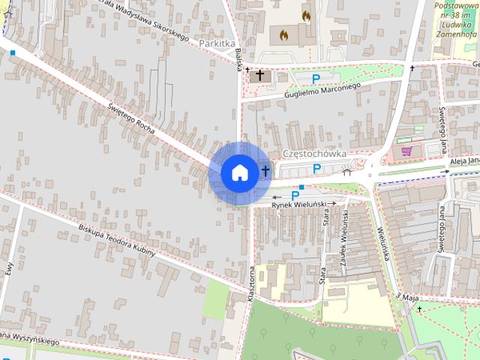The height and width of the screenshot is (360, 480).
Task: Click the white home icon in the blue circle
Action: pos(238,172)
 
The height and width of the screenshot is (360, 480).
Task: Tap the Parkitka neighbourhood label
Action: pos(217,43)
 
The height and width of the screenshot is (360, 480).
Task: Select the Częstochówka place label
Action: pos(315,153)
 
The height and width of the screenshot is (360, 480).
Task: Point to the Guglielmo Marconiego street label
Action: pos(323,89)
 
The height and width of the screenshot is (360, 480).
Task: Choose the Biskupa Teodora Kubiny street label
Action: pos(116,240)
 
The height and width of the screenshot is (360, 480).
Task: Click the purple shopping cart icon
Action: pos(406,151)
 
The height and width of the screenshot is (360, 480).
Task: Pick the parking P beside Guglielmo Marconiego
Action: pos(316,78)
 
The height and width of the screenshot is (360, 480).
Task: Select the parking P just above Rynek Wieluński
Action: pos(295,195)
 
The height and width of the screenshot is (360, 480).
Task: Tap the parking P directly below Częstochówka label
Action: pos(316,169)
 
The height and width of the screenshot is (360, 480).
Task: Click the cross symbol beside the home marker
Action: pos(265,172)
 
